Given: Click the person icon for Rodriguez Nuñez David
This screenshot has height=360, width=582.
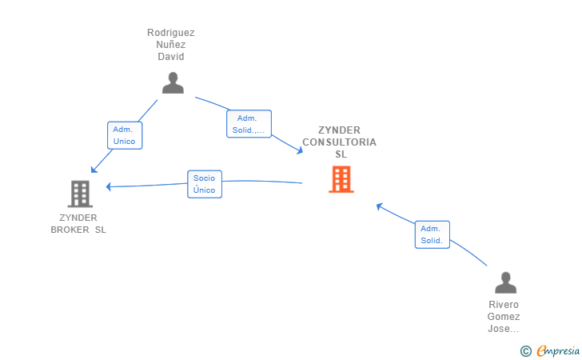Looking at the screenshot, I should tap(173, 83).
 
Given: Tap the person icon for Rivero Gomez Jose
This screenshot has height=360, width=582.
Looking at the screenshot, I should tap(505, 283).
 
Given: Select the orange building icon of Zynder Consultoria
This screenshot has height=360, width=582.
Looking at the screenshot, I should tap(341, 179).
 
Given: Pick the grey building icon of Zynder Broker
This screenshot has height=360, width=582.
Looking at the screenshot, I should tap(80, 194).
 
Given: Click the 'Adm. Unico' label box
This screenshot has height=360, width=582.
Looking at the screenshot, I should tap(124, 135).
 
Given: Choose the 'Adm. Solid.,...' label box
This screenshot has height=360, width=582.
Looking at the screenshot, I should tap(249, 124).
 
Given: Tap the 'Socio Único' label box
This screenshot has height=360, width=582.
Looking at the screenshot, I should tap(204, 184).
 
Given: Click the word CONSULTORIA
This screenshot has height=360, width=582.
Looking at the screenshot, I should tap(339, 142).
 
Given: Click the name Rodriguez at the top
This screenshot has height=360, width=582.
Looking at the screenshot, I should tap(171, 33).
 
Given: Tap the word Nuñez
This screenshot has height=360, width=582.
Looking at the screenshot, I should tap(171, 45).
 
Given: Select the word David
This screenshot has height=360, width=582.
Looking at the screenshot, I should tap(171, 57).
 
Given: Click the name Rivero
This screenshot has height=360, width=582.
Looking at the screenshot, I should tap(504, 305).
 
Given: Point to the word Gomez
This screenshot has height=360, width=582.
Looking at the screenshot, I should tap(504, 317).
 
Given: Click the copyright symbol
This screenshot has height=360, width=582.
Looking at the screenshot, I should tap(525, 350).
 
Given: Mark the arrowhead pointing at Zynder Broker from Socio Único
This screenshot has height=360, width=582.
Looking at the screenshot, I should tap(109, 186).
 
